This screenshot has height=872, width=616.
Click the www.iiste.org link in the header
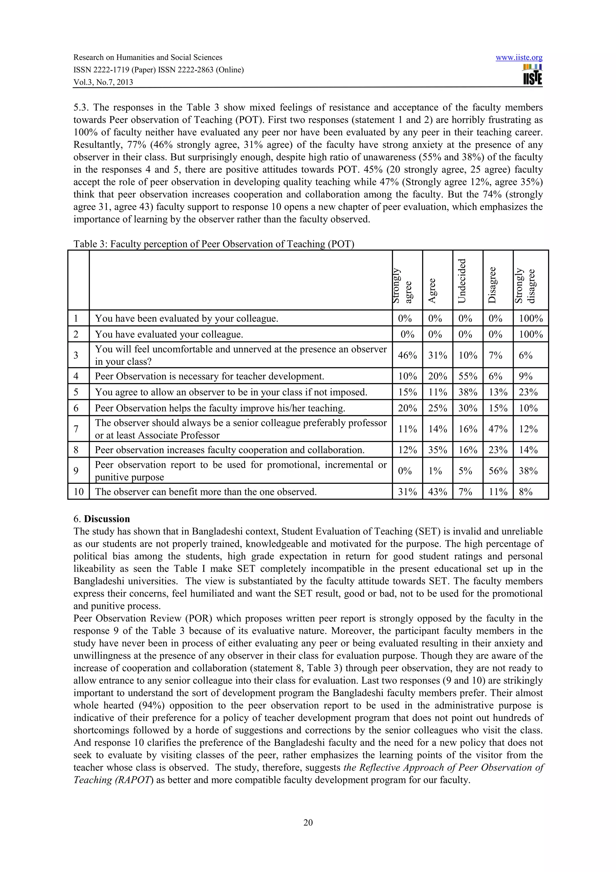click(519, 58)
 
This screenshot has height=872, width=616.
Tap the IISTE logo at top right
click(532, 75)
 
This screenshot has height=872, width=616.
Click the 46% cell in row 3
click(407, 355)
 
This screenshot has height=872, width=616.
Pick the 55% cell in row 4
click(468, 376)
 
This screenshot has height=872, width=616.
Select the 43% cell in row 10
click(437, 492)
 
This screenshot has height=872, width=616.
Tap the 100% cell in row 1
click(531, 318)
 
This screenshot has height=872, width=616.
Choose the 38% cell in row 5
click(468, 392)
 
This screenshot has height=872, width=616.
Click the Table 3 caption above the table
click(214, 244)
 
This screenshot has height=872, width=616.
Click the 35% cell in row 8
click(437, 450)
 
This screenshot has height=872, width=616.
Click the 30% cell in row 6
click(468, 408)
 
